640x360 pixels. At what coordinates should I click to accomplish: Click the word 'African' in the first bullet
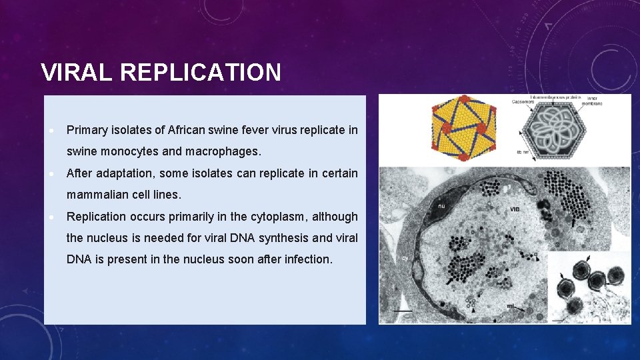click(x=189, y=129)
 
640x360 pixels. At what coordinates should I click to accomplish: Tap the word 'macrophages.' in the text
click(x=223, y=151)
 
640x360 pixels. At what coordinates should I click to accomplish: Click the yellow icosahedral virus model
click(x=463, y=129)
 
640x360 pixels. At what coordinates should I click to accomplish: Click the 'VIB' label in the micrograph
click(x=515, y=209)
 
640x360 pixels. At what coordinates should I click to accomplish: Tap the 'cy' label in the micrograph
click(x=405, y=258)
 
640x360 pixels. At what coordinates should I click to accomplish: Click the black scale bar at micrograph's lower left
click(x=402, y=311)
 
